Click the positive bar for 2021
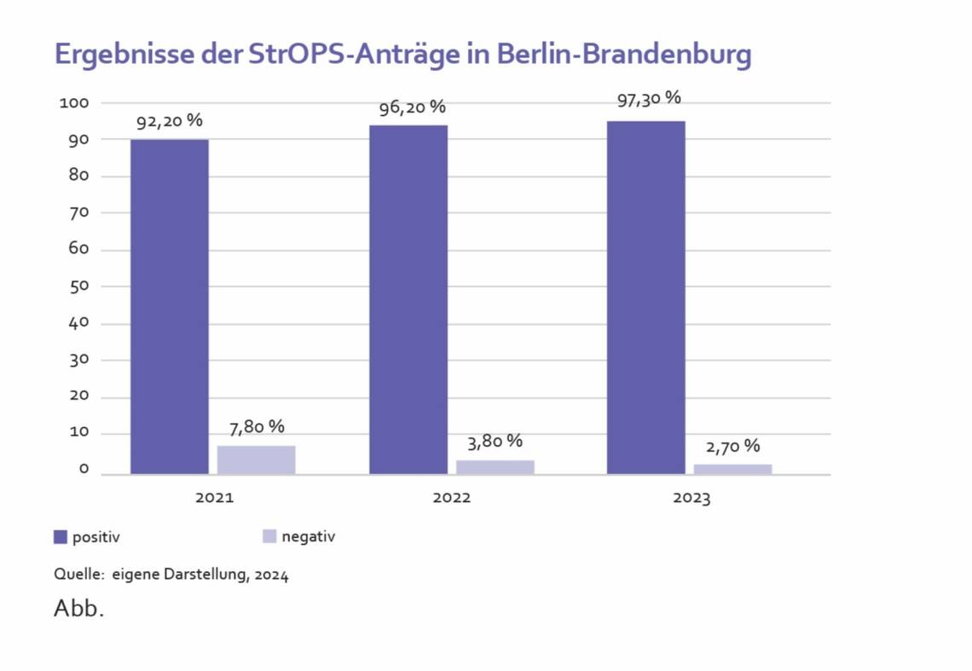169,306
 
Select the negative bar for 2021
256,460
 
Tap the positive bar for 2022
408,299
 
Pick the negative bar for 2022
495,466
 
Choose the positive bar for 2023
645,298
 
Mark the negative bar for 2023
732,469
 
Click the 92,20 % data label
170,122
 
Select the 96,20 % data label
413,107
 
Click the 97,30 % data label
648,98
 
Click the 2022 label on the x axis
451,498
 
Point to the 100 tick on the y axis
74,103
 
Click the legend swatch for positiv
61,536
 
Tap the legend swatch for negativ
269,536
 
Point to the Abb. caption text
78,610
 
